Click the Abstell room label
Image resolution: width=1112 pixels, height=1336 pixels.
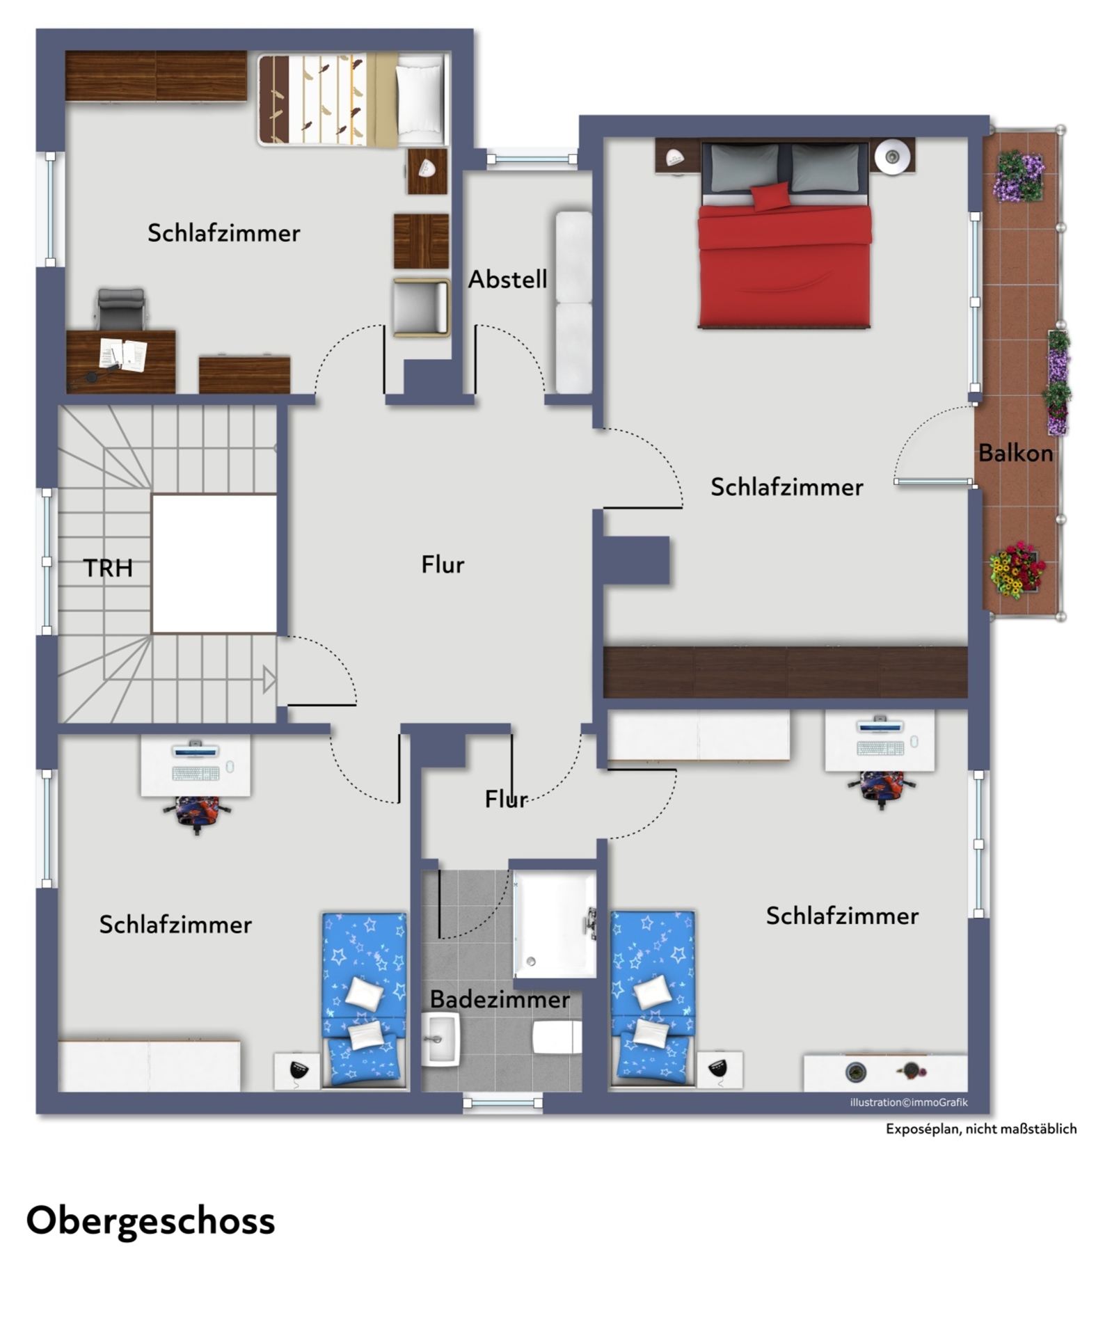click(507, 280)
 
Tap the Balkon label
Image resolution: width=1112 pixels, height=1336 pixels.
click(1015, 453)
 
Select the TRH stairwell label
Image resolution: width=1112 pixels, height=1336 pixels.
click(108, 568)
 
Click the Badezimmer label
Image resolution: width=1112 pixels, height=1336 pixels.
click(500, 999)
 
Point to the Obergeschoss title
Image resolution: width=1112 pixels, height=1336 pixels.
click(150, 1220)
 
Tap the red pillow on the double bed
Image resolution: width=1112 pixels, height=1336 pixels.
click(771, 196)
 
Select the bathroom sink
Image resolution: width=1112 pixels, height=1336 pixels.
click(440, 1039)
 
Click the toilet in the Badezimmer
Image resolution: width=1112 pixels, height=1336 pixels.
click(557, 1037)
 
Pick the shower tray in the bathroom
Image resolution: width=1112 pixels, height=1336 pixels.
click(555, 924)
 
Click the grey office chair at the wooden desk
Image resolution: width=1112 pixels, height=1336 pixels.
click(121, 308)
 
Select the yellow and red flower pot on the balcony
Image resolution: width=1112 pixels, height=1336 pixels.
click(1017, 569)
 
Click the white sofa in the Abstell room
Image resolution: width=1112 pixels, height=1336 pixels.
click(573, 302)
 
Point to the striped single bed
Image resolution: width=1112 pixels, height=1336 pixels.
click(353, 100)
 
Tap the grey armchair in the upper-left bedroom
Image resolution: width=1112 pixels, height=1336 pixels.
click(420, 307)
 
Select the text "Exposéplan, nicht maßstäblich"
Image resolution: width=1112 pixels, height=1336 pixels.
click(980, 1129)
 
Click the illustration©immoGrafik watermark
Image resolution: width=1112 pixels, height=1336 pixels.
click(908, 1102)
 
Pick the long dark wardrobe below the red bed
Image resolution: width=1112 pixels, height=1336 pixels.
click(785, 671)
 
